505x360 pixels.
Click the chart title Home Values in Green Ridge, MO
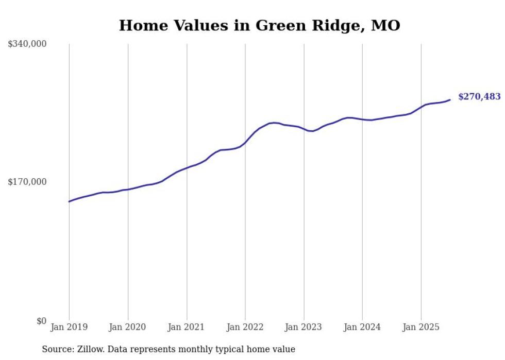pos(259,25)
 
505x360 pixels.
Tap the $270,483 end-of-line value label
pos(479,96)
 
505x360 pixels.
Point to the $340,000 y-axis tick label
pos(27,44)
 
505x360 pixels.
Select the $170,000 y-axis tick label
pos(27,182)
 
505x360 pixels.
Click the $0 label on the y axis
pos(41,321)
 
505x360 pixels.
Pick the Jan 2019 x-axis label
pos(69,327)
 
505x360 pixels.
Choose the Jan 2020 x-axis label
pos(128,327)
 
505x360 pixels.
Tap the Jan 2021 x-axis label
pos(187,327)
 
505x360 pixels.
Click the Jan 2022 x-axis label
pos(245,327)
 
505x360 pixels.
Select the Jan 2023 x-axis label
pos(304,327)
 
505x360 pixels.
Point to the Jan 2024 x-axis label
pos(362,327)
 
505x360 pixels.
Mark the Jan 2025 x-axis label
pos(421,327)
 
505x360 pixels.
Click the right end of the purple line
pos(450,100)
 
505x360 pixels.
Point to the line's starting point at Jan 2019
pos(69,201)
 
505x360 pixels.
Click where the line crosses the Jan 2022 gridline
pos(245,143)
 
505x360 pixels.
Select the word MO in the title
pos(386,25)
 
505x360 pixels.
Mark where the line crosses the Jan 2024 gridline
pos(362,119)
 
